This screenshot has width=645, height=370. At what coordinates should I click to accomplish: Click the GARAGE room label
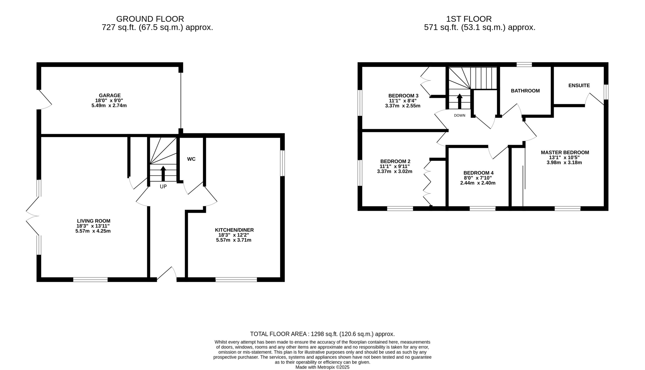[x=110, y=96]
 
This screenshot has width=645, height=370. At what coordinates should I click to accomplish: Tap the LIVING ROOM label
[x=94, y=221]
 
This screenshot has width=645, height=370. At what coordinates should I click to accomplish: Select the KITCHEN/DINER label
[x=234, y=230]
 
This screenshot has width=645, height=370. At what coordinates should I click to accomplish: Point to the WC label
[x=191, y=159]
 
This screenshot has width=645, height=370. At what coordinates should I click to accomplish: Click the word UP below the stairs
[x=163, y=187]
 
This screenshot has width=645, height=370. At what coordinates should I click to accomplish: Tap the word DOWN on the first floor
[x=460, y=115]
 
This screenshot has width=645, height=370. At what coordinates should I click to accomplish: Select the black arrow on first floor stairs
[x=460, y=101]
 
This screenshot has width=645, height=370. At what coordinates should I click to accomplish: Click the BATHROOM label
[x=525, y=91]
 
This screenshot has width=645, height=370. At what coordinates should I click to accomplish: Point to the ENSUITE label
[x=579, y=85]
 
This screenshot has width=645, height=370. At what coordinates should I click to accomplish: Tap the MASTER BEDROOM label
[x=565, y=152]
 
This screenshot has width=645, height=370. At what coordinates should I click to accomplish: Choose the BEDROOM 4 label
[x=478, y=173]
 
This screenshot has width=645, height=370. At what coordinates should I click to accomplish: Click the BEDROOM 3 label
[x=403, y=96]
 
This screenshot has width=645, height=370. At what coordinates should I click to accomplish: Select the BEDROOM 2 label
[x=395, y=161]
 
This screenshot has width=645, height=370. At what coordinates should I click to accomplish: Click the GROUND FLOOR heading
[x=150, y=19]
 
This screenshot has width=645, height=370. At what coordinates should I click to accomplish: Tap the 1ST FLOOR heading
[x=469, y=19]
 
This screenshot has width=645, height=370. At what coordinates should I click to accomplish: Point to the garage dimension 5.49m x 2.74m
[x=109, y=105]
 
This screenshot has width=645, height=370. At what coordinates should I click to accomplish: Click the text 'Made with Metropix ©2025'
[x=322, y=367]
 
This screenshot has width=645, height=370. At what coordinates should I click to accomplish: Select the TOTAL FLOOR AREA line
[x=322, y=334]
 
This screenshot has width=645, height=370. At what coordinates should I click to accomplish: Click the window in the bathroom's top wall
[x=524, y=65]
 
